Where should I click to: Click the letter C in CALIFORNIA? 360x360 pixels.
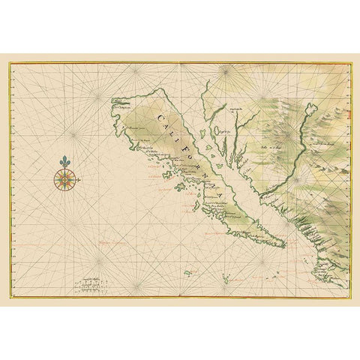pyautogui.click(x=160, y=117)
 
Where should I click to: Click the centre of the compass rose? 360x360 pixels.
pyautogui.click(x=66, y=178)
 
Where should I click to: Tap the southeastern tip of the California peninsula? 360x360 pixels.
pyautogui.click(x=285, y=245)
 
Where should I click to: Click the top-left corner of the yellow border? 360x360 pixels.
pyautogui.click(x=10, y=63)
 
